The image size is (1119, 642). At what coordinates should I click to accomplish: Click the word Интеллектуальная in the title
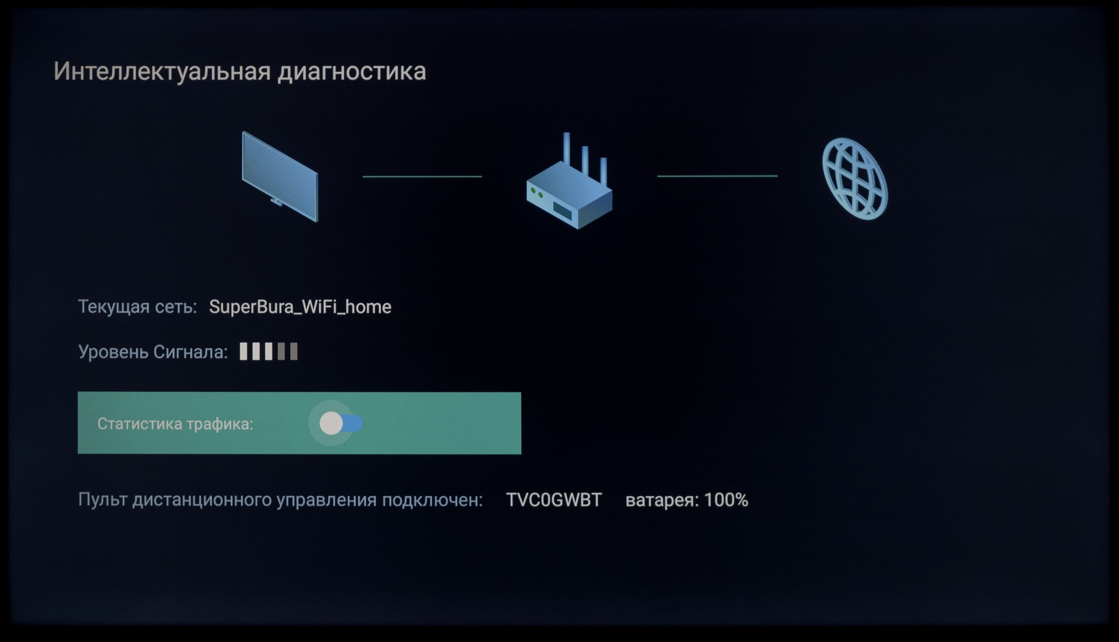(x=162, y=72)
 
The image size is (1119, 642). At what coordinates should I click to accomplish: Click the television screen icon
(x=280, y=176)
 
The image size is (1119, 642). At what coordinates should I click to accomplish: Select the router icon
(x=569, y=181)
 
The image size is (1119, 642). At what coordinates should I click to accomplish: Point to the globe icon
(x=855, y=178)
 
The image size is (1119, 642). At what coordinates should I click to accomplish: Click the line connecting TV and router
(x=422, y=177)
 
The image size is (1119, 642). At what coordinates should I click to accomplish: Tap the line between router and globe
(x=717, y=176)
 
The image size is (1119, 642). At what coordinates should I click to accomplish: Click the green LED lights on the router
(x=537, y=193)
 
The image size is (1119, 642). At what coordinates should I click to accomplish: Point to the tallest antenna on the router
(x=567, y=148)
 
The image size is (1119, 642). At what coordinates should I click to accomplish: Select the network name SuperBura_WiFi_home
(x=300, y=307)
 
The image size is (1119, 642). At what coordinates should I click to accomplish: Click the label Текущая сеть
(x=137, y=307)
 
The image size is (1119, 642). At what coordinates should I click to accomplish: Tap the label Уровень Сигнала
(x=153, y=352)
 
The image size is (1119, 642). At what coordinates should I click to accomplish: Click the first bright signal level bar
(x=243, y=351)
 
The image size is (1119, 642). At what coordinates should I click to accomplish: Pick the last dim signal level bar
(x=294, y=351)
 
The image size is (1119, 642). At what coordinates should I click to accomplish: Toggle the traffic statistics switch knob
(x=331, y=423)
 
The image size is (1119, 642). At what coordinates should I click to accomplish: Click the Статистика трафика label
(x=175, y=424)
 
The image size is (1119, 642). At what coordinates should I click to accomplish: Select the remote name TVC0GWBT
(x=554, y=500)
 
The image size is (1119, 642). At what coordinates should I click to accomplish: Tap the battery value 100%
(x=726, y=500)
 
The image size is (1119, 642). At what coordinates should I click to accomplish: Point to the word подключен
(x=432, y=500)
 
